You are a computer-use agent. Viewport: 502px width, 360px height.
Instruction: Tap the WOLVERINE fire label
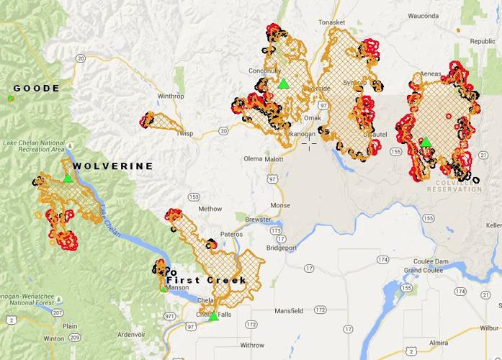[114, 166]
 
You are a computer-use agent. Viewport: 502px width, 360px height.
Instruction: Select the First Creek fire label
[207, 280]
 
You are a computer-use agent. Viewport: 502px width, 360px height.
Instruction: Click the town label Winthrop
[171, 96]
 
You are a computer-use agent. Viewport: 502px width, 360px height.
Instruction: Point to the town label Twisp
[185, 134]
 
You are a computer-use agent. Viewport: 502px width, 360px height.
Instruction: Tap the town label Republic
[483, 42]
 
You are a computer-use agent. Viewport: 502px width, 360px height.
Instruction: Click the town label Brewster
[258, 217]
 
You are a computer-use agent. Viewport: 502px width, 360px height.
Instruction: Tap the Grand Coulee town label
[421, 270]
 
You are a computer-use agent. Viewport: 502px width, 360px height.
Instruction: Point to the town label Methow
[210, 209]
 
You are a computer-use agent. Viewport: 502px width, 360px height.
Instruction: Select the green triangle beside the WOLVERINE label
[67, 178]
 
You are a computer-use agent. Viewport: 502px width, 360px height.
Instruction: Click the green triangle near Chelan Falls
[214, 315]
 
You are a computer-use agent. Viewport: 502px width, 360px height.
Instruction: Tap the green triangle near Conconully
[284, 84]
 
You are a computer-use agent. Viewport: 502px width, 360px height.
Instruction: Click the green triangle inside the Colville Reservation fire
[426, 142]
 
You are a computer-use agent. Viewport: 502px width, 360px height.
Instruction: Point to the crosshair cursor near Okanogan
[310, 143]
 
